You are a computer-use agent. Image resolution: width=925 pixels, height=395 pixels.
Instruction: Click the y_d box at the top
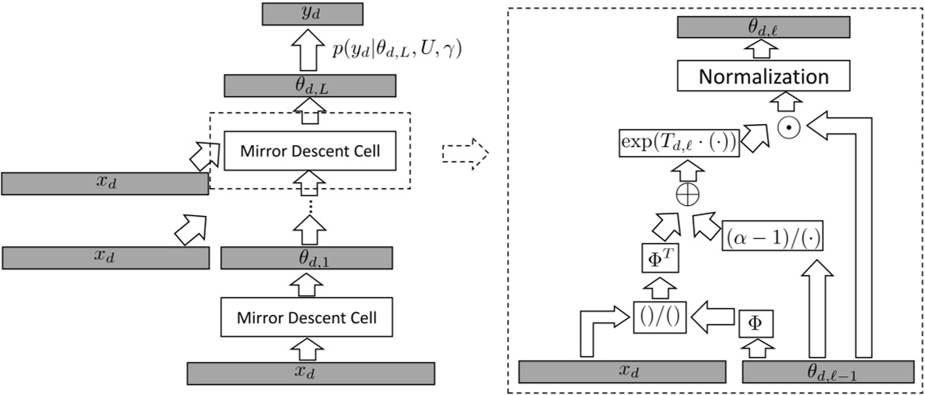(311, 13)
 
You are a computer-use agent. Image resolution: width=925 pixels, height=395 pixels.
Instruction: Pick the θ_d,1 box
(309, 257)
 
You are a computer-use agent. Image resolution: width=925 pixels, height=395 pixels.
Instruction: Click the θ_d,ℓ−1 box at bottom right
(828, 371)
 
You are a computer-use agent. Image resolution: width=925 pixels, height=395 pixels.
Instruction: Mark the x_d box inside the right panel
(622, 371)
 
